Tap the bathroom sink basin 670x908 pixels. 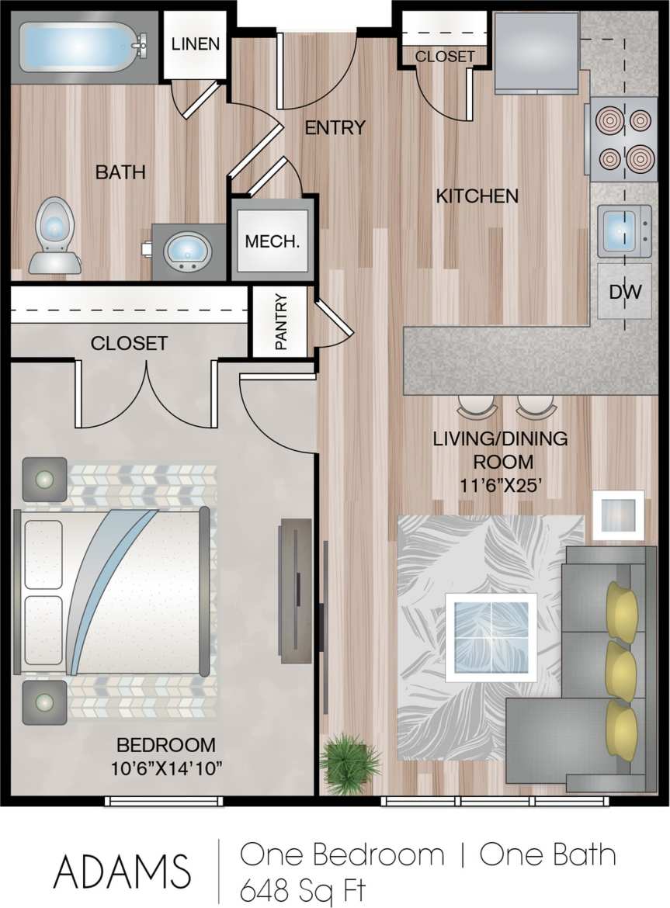pyautogui.click(x=187, y=251)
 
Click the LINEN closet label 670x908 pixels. pyautogui.click(x=195, y=43)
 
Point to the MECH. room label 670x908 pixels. pyautogui.click(x=272, y=241)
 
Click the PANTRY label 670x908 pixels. pyautogui.click(x=282, y=321)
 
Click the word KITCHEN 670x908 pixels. pyautogui.click(x=477, y=196)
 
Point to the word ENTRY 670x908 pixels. pyautogui.click(x=334, y=128)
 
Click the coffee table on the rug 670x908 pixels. pyautogui.click(x=491, y=637)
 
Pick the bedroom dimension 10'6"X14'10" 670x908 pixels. pyautogui.click(x=166, y=769)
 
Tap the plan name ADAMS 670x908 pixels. pyautogui.click(x=121, y=871)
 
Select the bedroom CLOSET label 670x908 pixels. pyautogui.click(x=128, y=343)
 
